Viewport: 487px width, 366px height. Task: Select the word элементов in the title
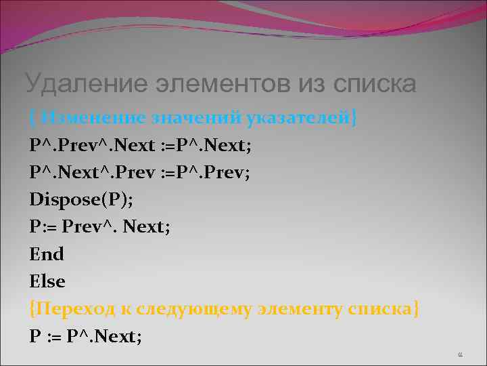pos(215,84)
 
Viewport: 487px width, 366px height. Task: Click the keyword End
pos(47,254)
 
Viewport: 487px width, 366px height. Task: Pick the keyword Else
pos(47,281)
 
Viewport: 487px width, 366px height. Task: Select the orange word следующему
pos(196,309)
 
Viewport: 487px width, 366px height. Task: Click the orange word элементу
pos(298,309)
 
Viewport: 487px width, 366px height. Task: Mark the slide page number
pos(459,354)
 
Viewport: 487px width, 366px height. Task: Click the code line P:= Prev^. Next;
pos(99,227)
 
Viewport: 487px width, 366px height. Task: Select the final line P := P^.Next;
pos(86,336)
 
